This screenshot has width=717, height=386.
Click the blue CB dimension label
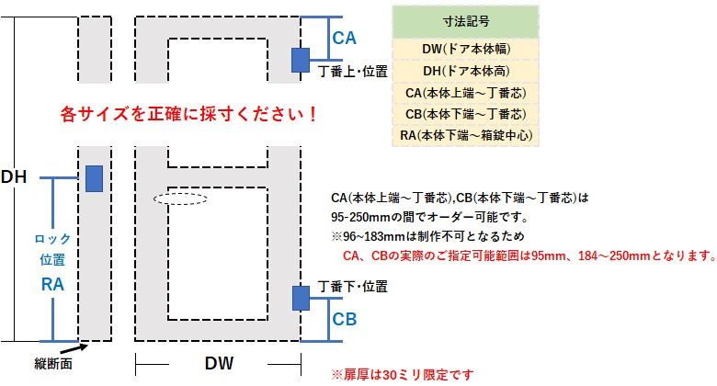pos(345,321)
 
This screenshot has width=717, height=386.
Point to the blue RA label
pos(52,286)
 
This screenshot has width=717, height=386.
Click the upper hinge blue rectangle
pos(301,59)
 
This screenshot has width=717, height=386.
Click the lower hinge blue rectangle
pos(301,298)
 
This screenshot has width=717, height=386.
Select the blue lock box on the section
pos(93,178)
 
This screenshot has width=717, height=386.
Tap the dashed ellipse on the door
pos(180,198)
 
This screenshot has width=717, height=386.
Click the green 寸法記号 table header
pos(464,20)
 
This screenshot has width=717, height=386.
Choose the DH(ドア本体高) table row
pos(464,70)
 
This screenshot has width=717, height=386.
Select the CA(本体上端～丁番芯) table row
pos(464,92)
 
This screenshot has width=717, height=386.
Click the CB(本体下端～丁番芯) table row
pos(464,114)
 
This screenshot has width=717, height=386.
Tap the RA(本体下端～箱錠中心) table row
pos(464,136)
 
